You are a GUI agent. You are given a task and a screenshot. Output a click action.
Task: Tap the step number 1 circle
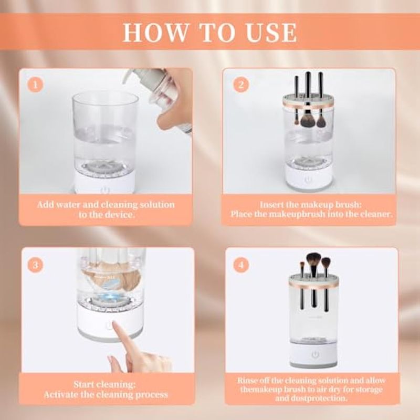[35, 85]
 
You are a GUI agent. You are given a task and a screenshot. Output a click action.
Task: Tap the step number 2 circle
[241, 85]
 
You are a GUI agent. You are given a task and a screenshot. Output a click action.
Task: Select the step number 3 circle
[35, 265]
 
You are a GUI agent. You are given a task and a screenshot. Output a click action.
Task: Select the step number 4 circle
[241, 265]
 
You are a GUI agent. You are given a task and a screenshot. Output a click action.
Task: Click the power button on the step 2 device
[307, 180]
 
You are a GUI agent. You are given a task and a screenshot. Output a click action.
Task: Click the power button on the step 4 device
[314, 355]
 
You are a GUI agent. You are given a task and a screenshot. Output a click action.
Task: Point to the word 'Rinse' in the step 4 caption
[247, 380]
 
